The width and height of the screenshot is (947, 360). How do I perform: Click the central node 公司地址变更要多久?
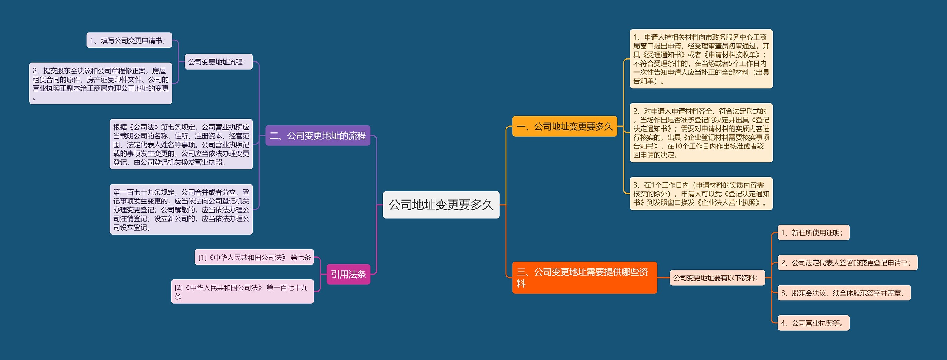coord(441,205)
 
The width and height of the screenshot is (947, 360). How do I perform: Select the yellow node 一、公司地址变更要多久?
coord(565,127)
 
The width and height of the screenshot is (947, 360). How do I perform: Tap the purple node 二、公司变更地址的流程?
coord(318,136)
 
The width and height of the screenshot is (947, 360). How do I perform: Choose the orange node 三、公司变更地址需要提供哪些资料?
coord(584,278)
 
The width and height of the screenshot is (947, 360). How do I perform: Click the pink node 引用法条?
coord(348,274)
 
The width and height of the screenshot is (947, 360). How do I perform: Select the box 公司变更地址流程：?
coord(218,62)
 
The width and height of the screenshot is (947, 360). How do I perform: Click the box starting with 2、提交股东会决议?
coord(101,83)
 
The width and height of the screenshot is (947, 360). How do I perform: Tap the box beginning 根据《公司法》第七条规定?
coord(181,144)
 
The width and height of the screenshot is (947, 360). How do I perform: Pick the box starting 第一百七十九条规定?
coord(181,209)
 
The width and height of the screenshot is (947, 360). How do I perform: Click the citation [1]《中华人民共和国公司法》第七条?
coord(254,257)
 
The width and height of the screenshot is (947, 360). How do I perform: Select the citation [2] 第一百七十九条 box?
coord(242,292)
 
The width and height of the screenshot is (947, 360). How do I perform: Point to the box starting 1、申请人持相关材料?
coord(701,59)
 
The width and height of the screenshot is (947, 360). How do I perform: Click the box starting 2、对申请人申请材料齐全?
coord(701,133)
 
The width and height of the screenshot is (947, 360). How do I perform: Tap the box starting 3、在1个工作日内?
coord(701,194)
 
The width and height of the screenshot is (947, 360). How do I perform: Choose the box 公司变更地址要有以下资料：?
coord(717,278)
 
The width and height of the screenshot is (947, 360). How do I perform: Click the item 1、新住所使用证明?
coord(813,233)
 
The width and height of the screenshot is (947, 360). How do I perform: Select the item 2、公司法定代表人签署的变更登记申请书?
coord(847,263)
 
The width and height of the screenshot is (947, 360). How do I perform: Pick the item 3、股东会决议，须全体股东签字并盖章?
coord(844,293)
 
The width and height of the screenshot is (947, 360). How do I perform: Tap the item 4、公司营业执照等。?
coord(813,323)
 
